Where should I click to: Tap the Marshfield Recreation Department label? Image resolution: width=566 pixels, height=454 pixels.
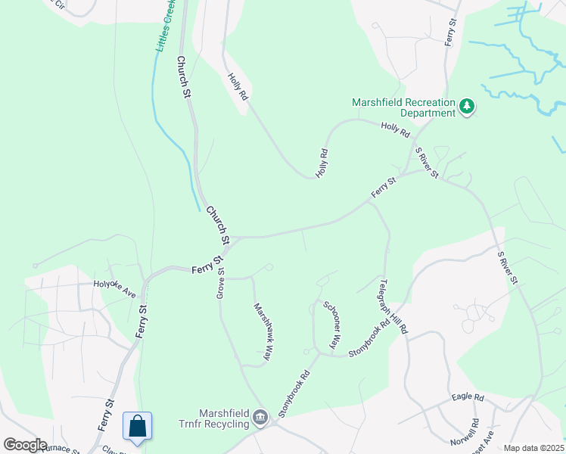(404, 107)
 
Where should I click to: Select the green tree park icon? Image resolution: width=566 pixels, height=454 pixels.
(468, 107)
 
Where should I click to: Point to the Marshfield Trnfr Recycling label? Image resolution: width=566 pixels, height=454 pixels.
(214, 418)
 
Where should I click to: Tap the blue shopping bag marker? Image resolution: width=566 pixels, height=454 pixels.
(138, 426)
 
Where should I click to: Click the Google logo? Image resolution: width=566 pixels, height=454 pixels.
(24, 445)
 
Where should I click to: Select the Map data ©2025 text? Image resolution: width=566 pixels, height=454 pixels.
(533, 448)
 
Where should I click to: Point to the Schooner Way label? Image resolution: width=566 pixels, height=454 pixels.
(331, 325)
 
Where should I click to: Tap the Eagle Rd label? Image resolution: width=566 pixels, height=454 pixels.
(467, 397)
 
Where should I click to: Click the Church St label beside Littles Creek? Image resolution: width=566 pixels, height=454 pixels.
(182, 76)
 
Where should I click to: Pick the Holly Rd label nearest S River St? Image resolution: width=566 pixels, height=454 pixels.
(395, 129)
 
